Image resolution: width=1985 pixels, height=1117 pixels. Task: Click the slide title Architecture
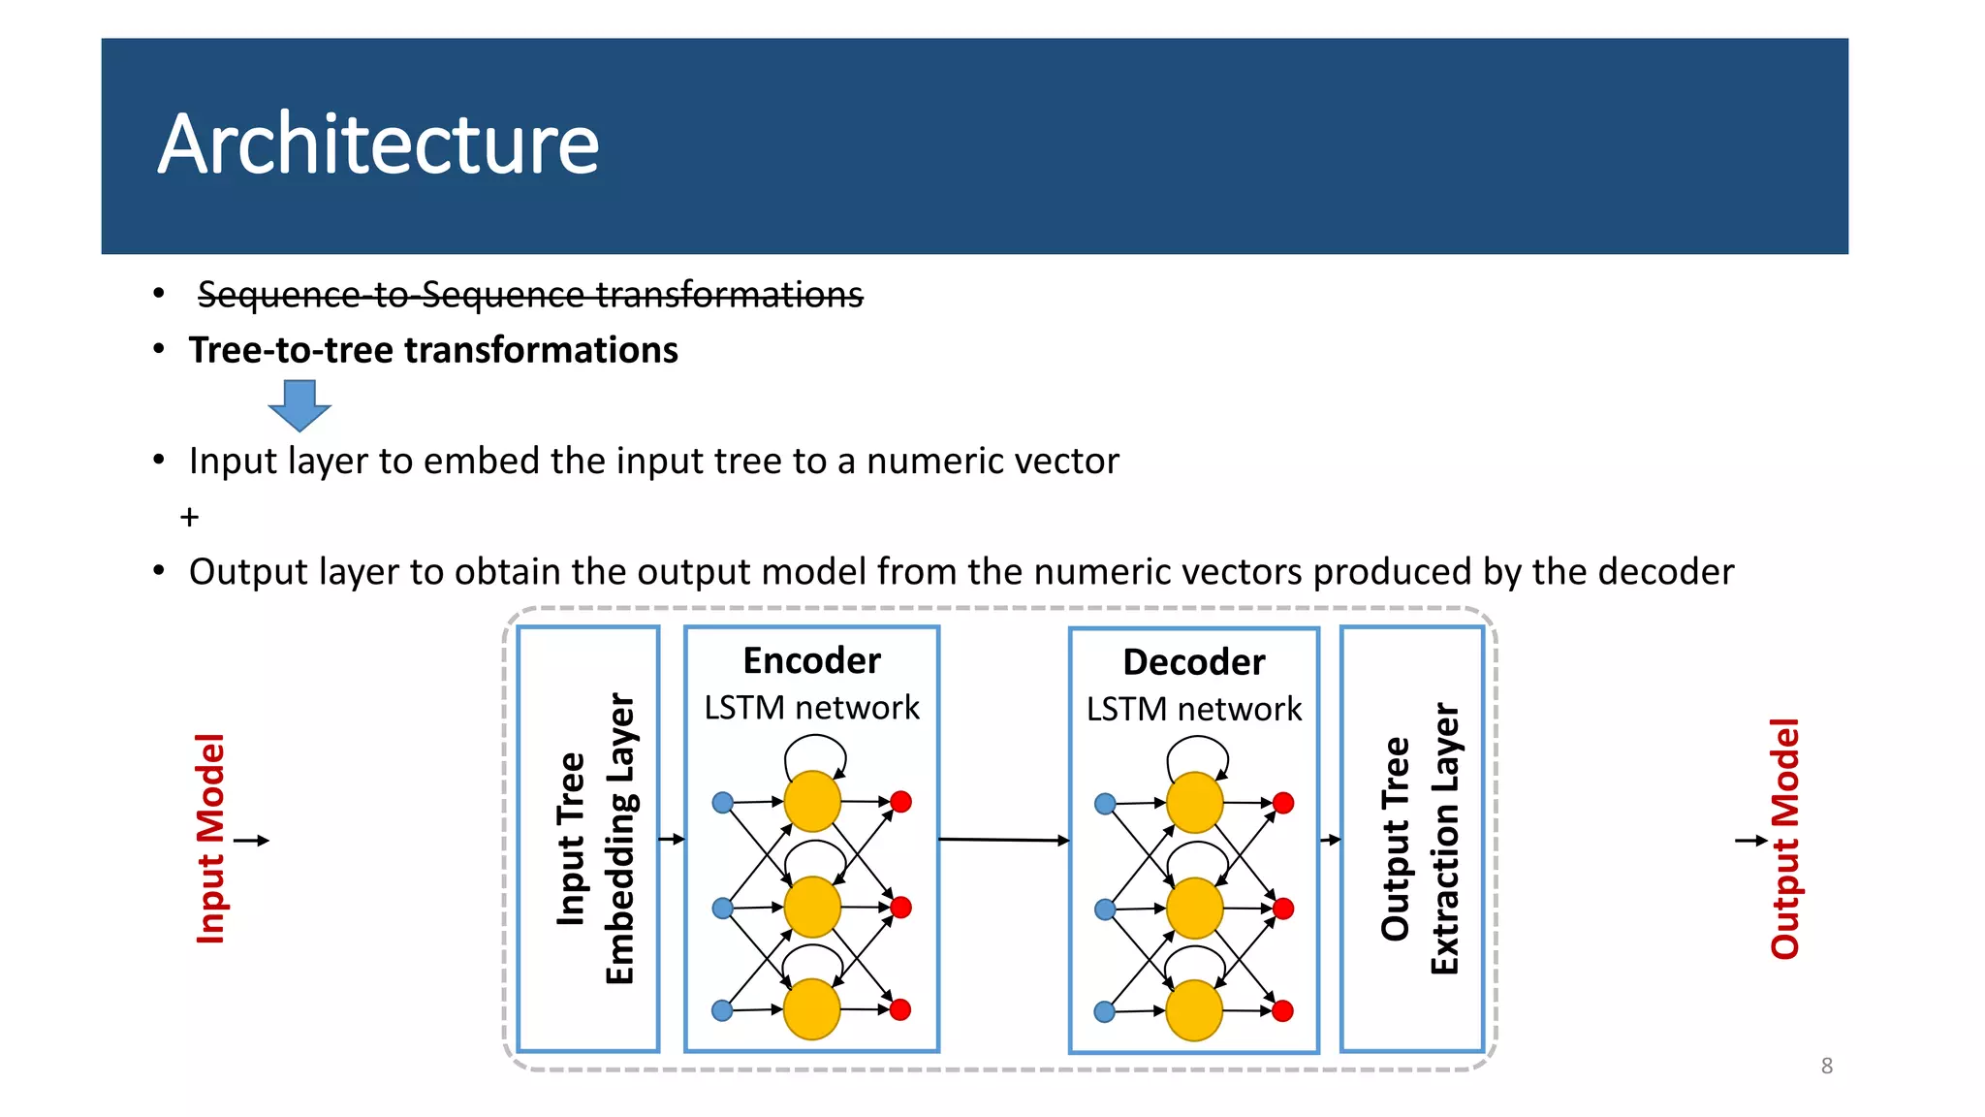tap(378, 145)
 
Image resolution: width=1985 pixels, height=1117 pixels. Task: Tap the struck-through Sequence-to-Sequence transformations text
tap(529, 294)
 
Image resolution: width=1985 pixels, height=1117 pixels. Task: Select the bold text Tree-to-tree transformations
tap(433, 350)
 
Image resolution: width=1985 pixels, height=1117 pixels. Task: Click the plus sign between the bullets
tap(189, 518)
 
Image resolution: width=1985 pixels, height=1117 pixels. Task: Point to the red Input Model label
tap(210, 839)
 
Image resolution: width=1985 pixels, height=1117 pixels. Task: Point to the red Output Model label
tap(1784, 839)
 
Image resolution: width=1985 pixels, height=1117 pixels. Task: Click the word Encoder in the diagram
tap(811, 660)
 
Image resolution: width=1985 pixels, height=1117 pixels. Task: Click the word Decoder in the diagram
tap(1193, 662)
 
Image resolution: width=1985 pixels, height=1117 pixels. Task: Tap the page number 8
tap(1826, 1066)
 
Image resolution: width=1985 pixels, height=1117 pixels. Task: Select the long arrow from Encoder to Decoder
tap(1003, 840)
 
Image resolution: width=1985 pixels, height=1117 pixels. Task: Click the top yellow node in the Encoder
tap(811, 802)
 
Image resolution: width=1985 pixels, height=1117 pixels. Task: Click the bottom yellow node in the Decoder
tap(1193, 1010)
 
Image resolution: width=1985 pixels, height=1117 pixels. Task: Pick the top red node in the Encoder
tap(900, 802)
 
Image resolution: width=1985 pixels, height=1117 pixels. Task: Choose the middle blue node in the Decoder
tap(1104, 910)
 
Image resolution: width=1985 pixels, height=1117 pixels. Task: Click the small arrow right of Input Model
tap(251, 841)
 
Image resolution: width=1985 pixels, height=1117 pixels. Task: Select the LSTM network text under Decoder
tap(1193, 709)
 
